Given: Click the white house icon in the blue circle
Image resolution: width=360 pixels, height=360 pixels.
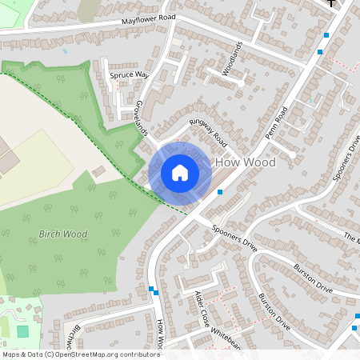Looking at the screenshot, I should click(180, 172).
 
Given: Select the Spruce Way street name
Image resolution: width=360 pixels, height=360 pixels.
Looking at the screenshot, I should click(129, 75).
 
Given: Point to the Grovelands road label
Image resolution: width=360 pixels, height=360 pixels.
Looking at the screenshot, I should click(141, 118).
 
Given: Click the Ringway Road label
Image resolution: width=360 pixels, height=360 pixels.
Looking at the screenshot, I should click(207, 132).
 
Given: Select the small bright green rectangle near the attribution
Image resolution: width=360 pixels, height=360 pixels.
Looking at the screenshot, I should click(22, 330).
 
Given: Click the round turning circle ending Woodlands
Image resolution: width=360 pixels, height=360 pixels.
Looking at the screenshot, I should click(241, 81).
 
